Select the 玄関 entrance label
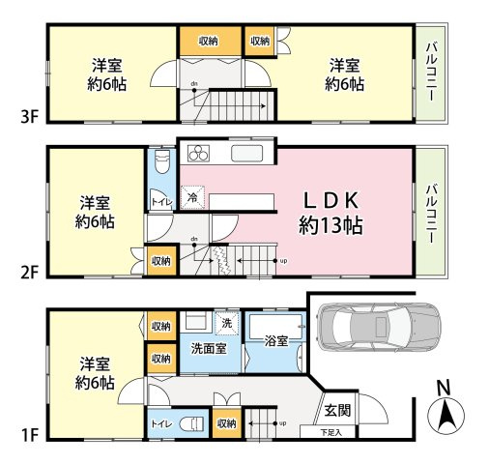tap(337, 410)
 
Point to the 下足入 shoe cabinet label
tap(332, 433)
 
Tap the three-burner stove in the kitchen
tap(198, 154)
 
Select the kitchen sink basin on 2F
tap(244, 154)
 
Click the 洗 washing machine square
tap(226, 323)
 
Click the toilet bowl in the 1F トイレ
tap(194, 422)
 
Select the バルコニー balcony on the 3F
tap(429, 73)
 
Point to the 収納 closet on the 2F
tap(160, 260)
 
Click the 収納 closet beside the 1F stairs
tap(226, 422)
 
